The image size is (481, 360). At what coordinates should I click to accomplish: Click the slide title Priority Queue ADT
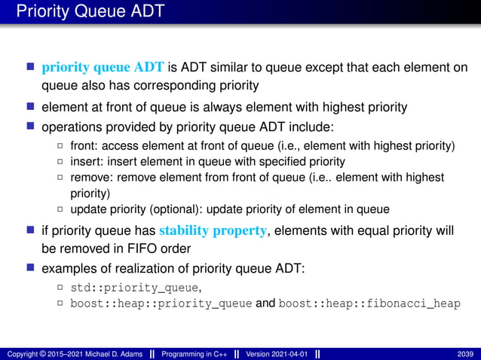[90, 11]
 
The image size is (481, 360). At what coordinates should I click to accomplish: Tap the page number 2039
[465, 354]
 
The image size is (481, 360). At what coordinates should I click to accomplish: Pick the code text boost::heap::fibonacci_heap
[369, 304]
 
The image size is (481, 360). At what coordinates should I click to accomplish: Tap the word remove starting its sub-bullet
[88, 177]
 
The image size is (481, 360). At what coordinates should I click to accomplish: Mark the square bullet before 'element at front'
[31, 106]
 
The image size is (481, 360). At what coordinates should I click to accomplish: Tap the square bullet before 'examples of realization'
[31, 267]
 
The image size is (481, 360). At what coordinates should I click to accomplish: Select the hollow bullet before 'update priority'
[60, 209]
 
